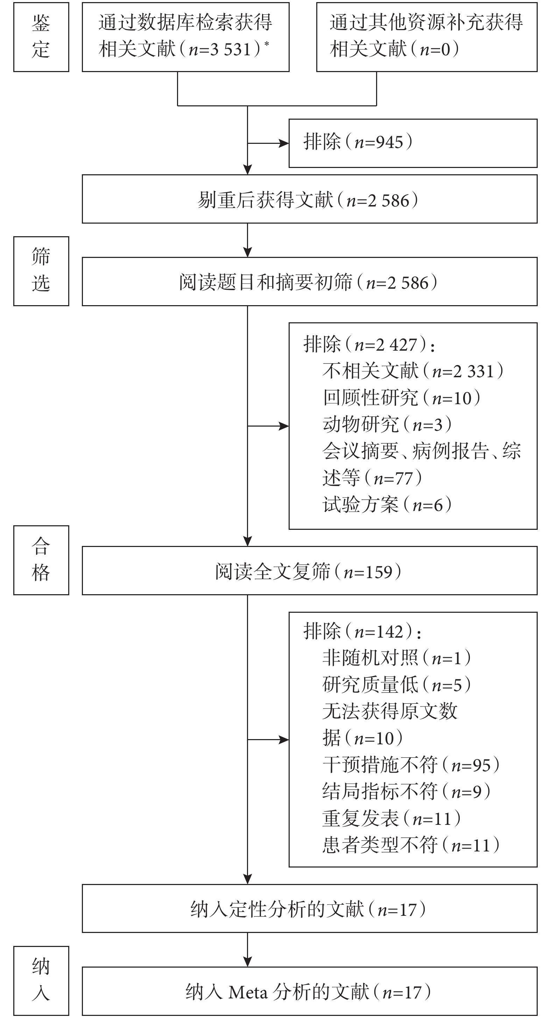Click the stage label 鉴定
click(x=41, y=37)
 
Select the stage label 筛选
click(x=41, y=271)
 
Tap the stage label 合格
click(x=41, y=560)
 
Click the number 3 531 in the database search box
click(x=231, y=49)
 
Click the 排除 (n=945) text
click(x=358, y=142)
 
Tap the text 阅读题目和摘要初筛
click(x=266, y=282)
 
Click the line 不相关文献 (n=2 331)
click(x=413, y=371)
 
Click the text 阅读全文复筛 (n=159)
click(x=309, y=572)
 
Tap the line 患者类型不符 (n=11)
click(x=411, y=845)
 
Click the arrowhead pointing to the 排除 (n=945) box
click(x=284, y=143)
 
